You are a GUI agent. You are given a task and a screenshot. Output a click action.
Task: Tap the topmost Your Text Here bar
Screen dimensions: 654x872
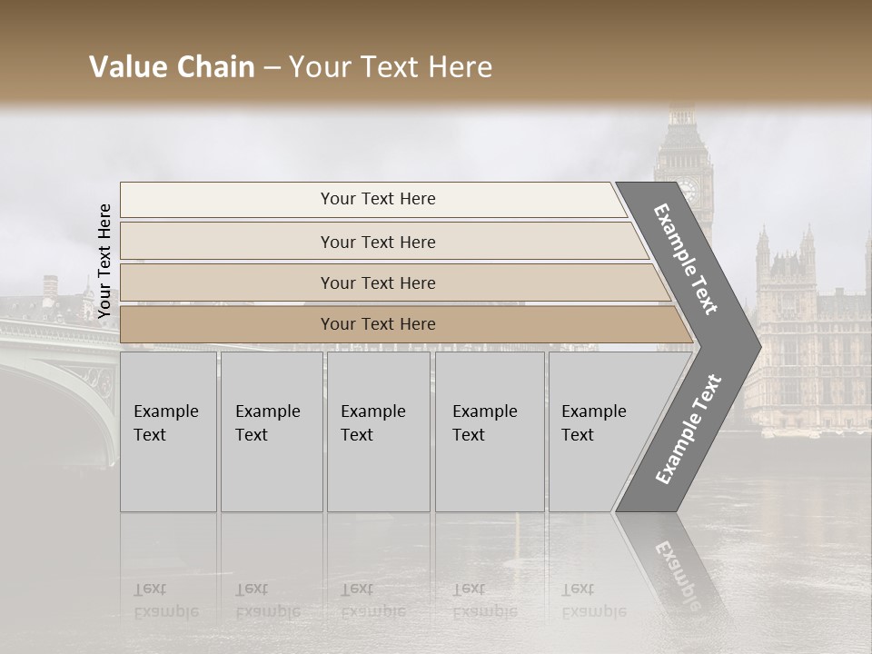(377, 199)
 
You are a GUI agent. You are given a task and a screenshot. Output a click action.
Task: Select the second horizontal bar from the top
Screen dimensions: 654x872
(377, 242)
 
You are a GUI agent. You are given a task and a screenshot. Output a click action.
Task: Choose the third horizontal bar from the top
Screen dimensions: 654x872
(377, 282)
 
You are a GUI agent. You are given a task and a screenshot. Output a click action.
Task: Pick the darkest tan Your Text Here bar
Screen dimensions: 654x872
(377, 324)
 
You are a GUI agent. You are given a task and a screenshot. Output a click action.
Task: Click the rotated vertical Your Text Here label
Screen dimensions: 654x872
(104, 261)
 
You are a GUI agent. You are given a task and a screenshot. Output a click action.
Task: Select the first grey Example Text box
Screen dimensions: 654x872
(168, 431)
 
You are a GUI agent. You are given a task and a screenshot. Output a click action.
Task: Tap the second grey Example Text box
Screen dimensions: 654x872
(271, 431)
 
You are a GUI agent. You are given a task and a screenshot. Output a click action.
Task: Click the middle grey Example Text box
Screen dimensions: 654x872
(378, 431)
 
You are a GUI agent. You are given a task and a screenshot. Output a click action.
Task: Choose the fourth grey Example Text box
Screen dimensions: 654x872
(489, 431)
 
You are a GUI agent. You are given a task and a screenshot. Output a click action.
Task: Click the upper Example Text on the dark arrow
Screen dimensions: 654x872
(687, 259)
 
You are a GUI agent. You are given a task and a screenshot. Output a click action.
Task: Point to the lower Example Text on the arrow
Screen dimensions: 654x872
(689, 430)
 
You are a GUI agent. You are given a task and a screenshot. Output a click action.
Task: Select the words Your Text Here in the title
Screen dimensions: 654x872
(391, 67)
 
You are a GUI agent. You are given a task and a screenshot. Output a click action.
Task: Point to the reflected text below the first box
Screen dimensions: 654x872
(165, 599)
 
